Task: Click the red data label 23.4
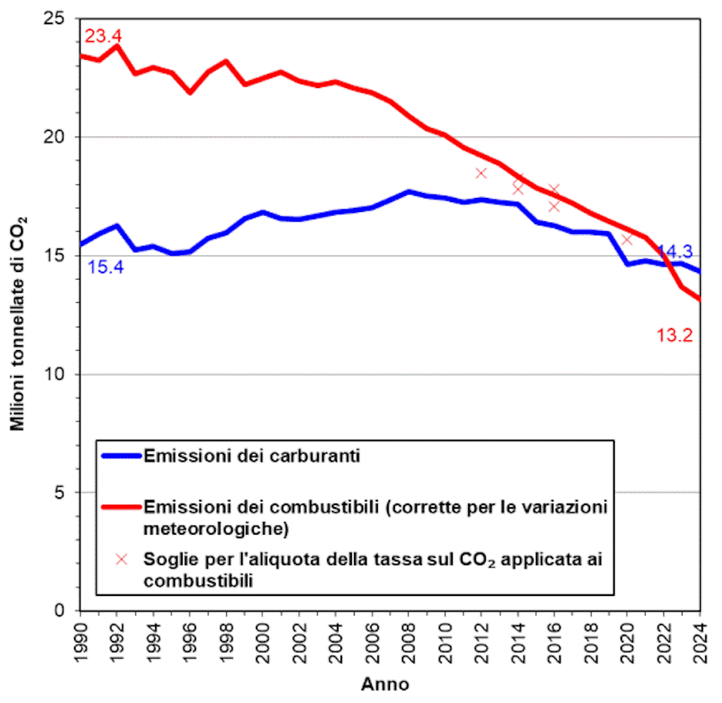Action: [104, 35]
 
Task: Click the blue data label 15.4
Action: [105, 268]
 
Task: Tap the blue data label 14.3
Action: [675, 251]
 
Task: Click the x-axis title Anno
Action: [385, 684]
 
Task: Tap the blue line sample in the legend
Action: [120, 455]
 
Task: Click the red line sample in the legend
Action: [120, 506]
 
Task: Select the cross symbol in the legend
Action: [121, 559]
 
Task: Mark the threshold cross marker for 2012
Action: [482, 173]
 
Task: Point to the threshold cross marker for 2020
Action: [627, 239]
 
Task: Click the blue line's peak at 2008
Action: [408, 192]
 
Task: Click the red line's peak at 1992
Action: [116, 46]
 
